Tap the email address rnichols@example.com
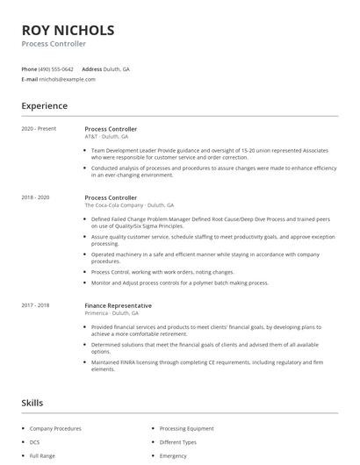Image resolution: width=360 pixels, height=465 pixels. tap(68, 79)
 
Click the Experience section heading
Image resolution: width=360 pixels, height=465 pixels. tap(44, 106)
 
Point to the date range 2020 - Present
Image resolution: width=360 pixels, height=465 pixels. tap(39, 129)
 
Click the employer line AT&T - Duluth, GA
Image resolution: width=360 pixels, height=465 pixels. tap(106, 137)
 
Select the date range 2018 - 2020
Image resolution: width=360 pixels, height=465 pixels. tap(35, 198)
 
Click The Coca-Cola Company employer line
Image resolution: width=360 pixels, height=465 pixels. tap(129, 205)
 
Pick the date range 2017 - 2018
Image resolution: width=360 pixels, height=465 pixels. tap(35, 305)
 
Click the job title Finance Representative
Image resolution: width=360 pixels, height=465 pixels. tap(118, 305)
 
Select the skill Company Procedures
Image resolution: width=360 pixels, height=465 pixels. tap(55, 428)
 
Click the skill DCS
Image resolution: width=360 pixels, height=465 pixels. tap(35, 442)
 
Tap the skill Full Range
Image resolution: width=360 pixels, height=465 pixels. tap(41, 456)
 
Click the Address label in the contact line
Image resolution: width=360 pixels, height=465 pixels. tap(92, 68)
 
